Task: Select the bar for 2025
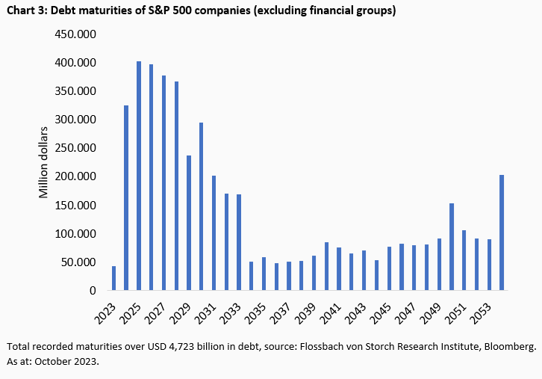coord(139,176)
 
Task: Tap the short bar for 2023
coord(113,278)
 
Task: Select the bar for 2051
coord(464,260)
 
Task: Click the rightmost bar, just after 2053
coord(502,232)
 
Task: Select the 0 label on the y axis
coord(93,291)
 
